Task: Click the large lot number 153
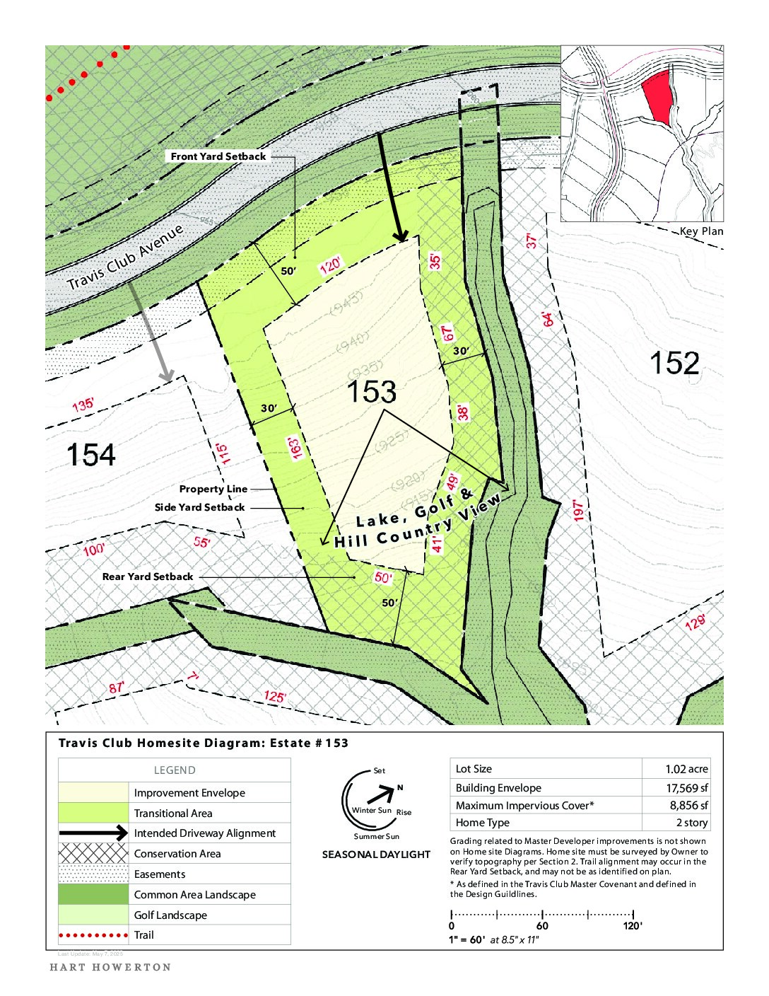pyautogui.click(x=371, y=392)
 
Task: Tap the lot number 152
pyautogui.click(x=674, y=363)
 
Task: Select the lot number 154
pyautogui.click(x=90, y=454)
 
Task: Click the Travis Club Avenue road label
pyautogui.click(x=125, y=257)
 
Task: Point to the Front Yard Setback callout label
pyautogui.click(x=218, y=156)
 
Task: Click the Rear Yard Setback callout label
pyautogui.click(x=148, y=577)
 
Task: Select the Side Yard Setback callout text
pyautogui.click(x=200, y=507)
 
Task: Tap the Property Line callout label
pyautogui.click(x=213, y=489)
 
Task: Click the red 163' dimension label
pyautogui.click(x=293, y=447)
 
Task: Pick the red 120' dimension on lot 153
pyautogui.click(x=330, y=266)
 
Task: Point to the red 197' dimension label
pyautogui.click(x=579, y=510)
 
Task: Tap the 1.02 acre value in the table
pyautogui.click(x=686, y=769)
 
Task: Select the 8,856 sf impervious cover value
pyautogui.click(x=688, y=805)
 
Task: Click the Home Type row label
pyautogui.click(x=482, y=823)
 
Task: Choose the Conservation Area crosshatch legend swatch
pyautogui.click(x=93, y=854)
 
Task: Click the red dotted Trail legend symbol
pyautogui.click(x=93, y=935)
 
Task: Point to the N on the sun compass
pyautogui.click(x=400, y=787)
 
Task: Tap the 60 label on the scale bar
pyautogui.click(x=542, y=926)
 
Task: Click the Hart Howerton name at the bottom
pyautogui.click(x=110, y=967)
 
